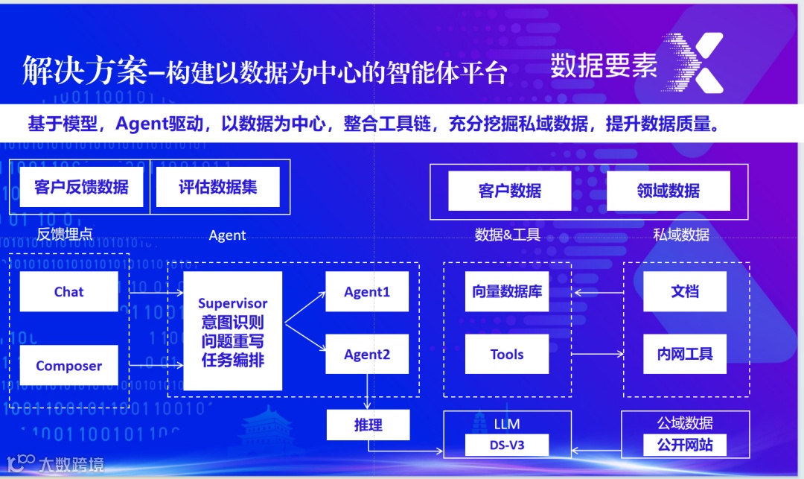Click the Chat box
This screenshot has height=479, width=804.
pos(68,291)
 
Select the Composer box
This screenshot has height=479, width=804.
pos(68,365)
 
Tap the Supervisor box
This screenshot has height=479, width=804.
pos(232,331)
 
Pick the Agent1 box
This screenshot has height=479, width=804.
pos(367,291)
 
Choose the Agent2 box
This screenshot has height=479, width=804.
pos(367,354)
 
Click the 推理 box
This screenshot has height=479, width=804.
pos(368,425)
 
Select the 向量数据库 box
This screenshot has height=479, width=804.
pos(506,291)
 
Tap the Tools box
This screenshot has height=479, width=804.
pos(506,354)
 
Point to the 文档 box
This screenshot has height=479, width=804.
pos(685,291)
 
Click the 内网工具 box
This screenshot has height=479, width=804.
pos(685,354)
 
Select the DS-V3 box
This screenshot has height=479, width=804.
pos(506,445)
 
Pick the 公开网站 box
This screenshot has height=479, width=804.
pos(684,445)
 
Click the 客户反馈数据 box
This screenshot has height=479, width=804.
pos(80,186)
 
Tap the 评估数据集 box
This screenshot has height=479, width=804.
pos(218,186)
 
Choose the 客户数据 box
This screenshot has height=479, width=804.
pos(509,191)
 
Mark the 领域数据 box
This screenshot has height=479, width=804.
pos(669,191)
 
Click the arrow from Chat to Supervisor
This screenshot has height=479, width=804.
pos(156,292)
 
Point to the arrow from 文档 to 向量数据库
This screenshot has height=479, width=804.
pos(596,292)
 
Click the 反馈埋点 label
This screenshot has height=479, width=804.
pos(65,235)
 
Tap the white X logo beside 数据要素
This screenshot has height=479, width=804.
pos(697,63)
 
